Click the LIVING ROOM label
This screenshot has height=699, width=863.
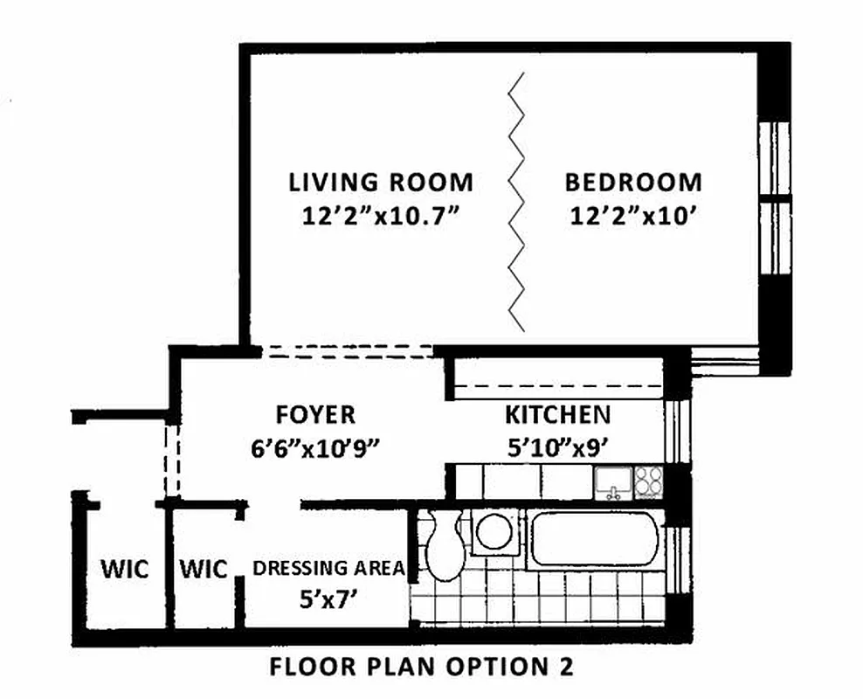pos(381,183)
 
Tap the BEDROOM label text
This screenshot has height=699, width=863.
pos(632,183)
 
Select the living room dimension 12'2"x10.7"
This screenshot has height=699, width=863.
pos(381,215)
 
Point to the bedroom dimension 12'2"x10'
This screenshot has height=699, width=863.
pos(632,215)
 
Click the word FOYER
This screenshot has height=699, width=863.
pos(315,414)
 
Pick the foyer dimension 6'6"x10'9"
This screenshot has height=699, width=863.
pos(315,446)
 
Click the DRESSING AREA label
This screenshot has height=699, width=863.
pos(328,568)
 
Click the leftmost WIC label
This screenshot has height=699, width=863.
pos(124,570)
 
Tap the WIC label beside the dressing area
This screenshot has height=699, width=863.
pos(203,570)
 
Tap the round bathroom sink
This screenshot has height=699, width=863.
pos(496,532)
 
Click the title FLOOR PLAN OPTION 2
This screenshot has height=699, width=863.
pos(422,668)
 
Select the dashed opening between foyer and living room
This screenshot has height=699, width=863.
pos(348,351)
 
